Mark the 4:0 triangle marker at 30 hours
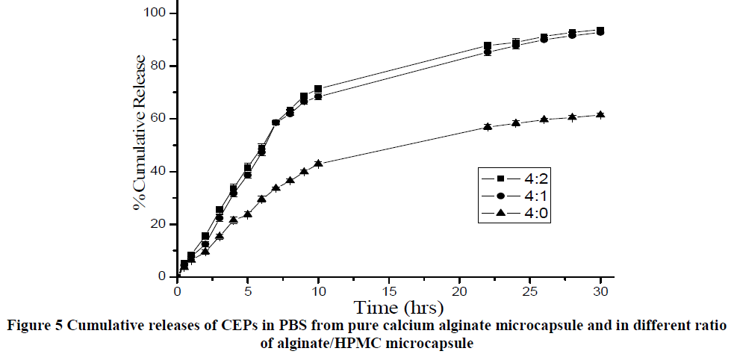600,115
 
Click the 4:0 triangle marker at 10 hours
318,163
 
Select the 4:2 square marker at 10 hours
318,89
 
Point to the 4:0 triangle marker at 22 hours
488,127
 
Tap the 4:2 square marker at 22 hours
488,46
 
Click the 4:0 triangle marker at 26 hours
544,120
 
